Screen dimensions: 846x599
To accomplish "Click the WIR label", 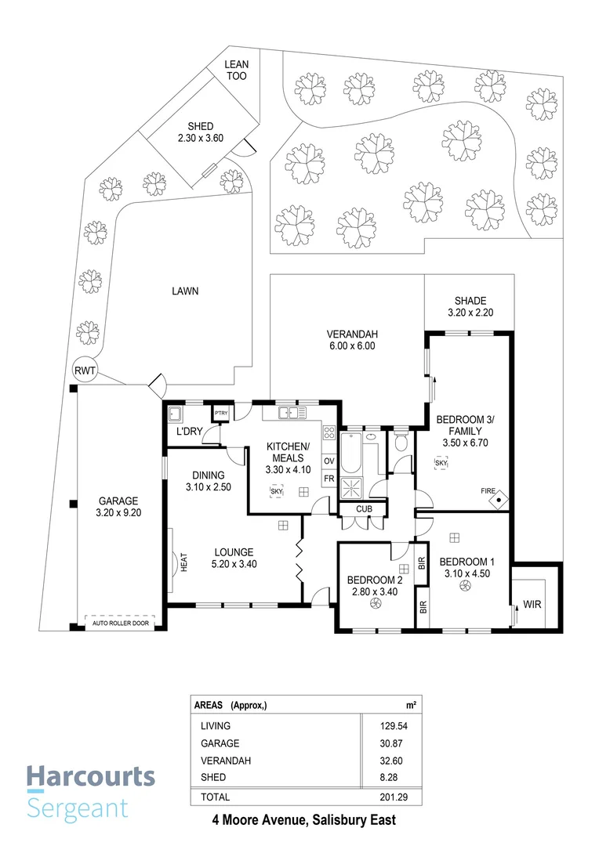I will (x=532, y=605).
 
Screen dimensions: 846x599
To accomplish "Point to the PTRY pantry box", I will (x=220, y=414).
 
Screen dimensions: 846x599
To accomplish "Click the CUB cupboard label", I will (x=363, y=510).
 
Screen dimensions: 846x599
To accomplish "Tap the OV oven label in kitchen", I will (x=329, y=461).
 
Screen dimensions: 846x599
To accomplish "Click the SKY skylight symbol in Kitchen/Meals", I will (x=276, y=490).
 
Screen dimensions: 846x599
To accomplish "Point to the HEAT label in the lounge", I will (x=184, y=562).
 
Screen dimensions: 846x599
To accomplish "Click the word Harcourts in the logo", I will (x=91, y=776).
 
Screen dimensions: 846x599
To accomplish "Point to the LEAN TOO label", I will (x=236, y=70).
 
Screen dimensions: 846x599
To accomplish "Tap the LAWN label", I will (x=185, y=291).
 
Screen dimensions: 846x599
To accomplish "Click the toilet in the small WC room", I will (x=401, y=443).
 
